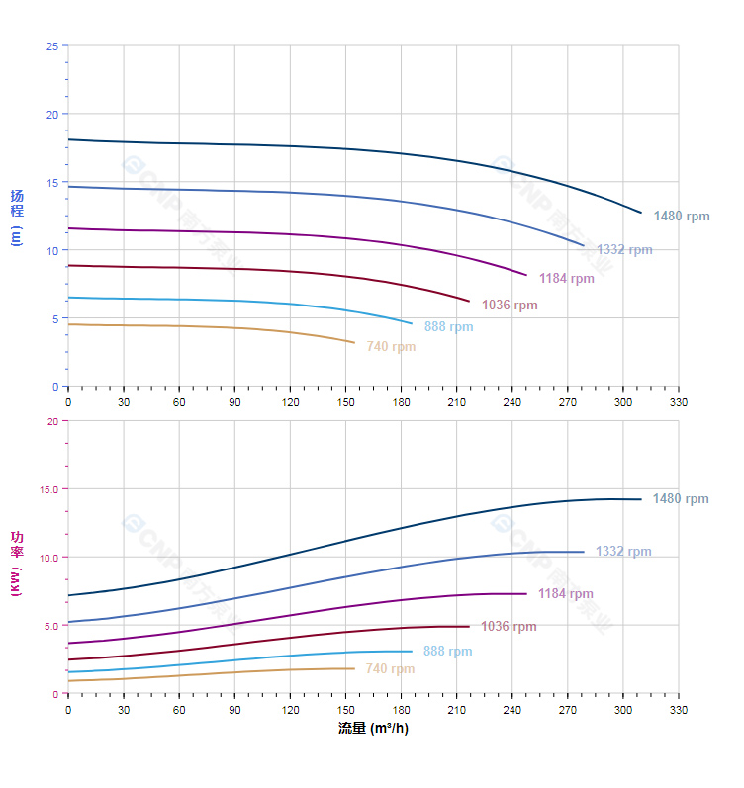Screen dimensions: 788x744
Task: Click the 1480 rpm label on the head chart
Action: coord(682,216)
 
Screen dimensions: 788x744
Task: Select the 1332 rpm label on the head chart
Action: coord(624,250)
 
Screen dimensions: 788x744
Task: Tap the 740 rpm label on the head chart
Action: coord(391,347)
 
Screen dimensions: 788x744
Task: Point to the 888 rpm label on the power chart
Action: coord(447,652)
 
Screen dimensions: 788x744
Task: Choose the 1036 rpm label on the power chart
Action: coord(509,627)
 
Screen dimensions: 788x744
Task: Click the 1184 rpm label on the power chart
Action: coord(566,594)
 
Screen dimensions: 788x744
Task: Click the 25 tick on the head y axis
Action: coord(51,45)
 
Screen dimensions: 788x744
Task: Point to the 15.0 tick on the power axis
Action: coord(47,489)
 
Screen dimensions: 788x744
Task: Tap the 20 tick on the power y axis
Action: coord(51,421)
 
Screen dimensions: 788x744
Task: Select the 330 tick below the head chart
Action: coord(679,402)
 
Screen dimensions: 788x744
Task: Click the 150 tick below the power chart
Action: coord(345,710)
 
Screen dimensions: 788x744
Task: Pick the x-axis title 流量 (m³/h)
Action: coord(373,729)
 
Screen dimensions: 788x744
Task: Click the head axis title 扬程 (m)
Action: coord(17,217)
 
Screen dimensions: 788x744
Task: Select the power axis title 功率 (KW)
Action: coord(17,564)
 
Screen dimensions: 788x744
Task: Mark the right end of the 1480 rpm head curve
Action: coord(641,213)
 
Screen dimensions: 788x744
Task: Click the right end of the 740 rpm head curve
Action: coord(354,343)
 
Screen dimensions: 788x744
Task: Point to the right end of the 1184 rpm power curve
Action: coord(526,594)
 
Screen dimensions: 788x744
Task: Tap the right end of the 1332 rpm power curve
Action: coord(584,552)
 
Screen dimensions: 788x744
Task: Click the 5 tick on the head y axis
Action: coord(54,318)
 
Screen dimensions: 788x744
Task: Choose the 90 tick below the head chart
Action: coord(234,402)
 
